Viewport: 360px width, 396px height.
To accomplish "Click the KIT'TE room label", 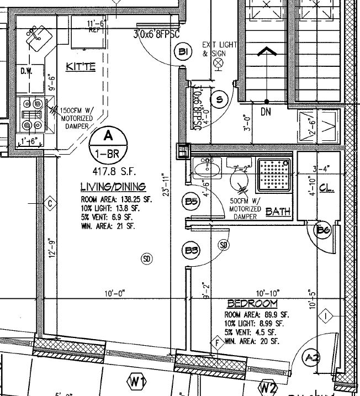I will click(x=81, y=67).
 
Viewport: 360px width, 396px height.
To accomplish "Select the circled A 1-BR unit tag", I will click(x=109, y=143).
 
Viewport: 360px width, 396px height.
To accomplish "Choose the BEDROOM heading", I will click(x=252, y=304).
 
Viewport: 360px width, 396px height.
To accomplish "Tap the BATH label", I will click(x=277, y=212).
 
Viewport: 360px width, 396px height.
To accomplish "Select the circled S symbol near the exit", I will click(x=220, y=100).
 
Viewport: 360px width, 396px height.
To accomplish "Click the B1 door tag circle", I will click(x=184, y=53).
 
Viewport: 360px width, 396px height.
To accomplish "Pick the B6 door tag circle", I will click(x=324, y=230).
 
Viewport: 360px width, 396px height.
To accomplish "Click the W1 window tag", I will click(x=136, y=381).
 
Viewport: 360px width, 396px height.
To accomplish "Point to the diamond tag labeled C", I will click(x=50, y=203).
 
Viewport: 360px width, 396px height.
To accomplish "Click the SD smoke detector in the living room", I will click(x=146, y=258).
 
